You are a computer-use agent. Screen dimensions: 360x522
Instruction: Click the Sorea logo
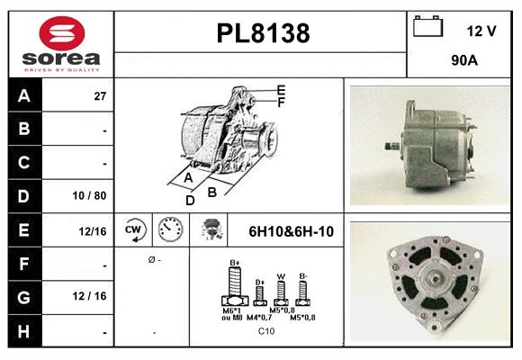(x=60, y=43)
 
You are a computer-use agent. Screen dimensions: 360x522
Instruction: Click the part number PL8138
(x=263, y=34)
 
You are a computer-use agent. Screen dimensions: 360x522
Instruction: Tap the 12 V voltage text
(x=481, y=31)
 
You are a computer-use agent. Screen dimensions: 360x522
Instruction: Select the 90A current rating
(x=464, y=63)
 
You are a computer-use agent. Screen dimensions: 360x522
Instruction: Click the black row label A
(x=23, y=94)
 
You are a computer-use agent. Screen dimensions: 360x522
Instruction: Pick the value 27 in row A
(x=100, y=95)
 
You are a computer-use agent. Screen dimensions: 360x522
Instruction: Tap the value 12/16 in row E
(x=93, y=231)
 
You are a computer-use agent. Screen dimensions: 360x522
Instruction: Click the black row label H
(x=23, y=332)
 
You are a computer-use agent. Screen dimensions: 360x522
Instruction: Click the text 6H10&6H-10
(x=291, y=231)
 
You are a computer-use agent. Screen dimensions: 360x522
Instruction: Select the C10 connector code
(x=266, y=331)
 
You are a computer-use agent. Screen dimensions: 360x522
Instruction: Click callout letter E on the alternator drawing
(x=281, y=90)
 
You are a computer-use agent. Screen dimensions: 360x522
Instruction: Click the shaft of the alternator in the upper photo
(x=389, y=145)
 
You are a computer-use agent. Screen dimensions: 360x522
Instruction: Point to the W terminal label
(x=280, y=276)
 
